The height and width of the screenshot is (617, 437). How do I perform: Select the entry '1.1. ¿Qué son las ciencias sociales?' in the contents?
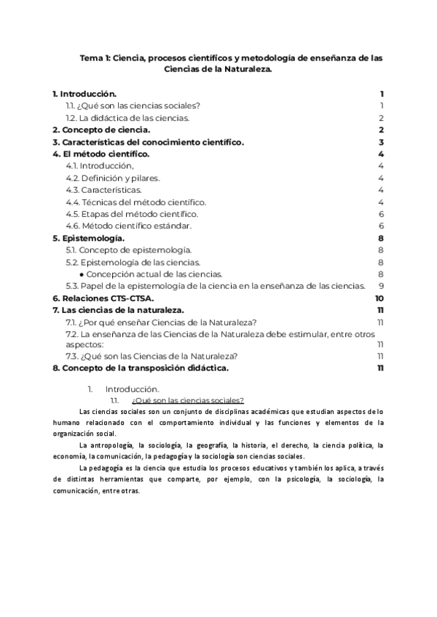(x=133, y=106)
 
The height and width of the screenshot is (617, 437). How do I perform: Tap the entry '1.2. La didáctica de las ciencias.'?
(x=127, y=118)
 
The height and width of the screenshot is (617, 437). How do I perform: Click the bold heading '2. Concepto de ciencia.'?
(x=101, y=130)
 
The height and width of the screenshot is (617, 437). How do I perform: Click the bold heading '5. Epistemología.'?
(x=88, y=238)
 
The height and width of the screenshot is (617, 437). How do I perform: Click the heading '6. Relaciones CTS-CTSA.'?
(x=102, y=298)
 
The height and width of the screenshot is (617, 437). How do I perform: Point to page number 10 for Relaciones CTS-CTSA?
(x=379, y=298)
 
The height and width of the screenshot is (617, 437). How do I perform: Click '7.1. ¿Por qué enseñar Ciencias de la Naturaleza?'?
(x=160, y=322)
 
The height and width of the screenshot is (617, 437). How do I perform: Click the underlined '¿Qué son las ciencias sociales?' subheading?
(x=187, y=400)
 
